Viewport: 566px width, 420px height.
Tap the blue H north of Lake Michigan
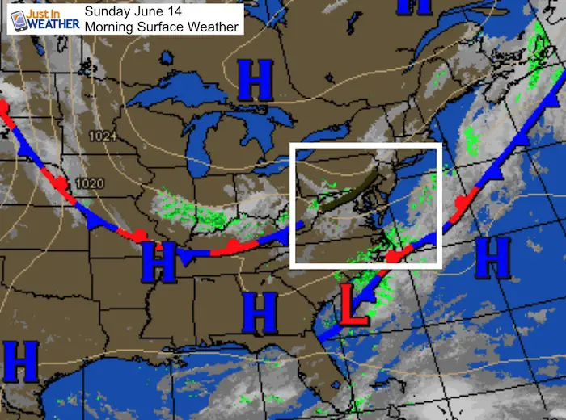[255, 81]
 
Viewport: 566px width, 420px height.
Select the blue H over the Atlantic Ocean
[492, 259]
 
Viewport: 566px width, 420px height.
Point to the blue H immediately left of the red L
[260, 313]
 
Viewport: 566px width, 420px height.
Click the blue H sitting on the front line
[158, 262]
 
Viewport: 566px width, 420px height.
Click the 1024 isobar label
[103, 137]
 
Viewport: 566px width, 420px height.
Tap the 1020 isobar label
[89, 183]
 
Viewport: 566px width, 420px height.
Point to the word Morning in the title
[112, 27]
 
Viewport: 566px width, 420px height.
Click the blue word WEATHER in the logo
[57, 24]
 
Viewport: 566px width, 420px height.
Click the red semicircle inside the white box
[394, 257]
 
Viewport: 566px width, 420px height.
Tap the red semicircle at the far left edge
[3, 107]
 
